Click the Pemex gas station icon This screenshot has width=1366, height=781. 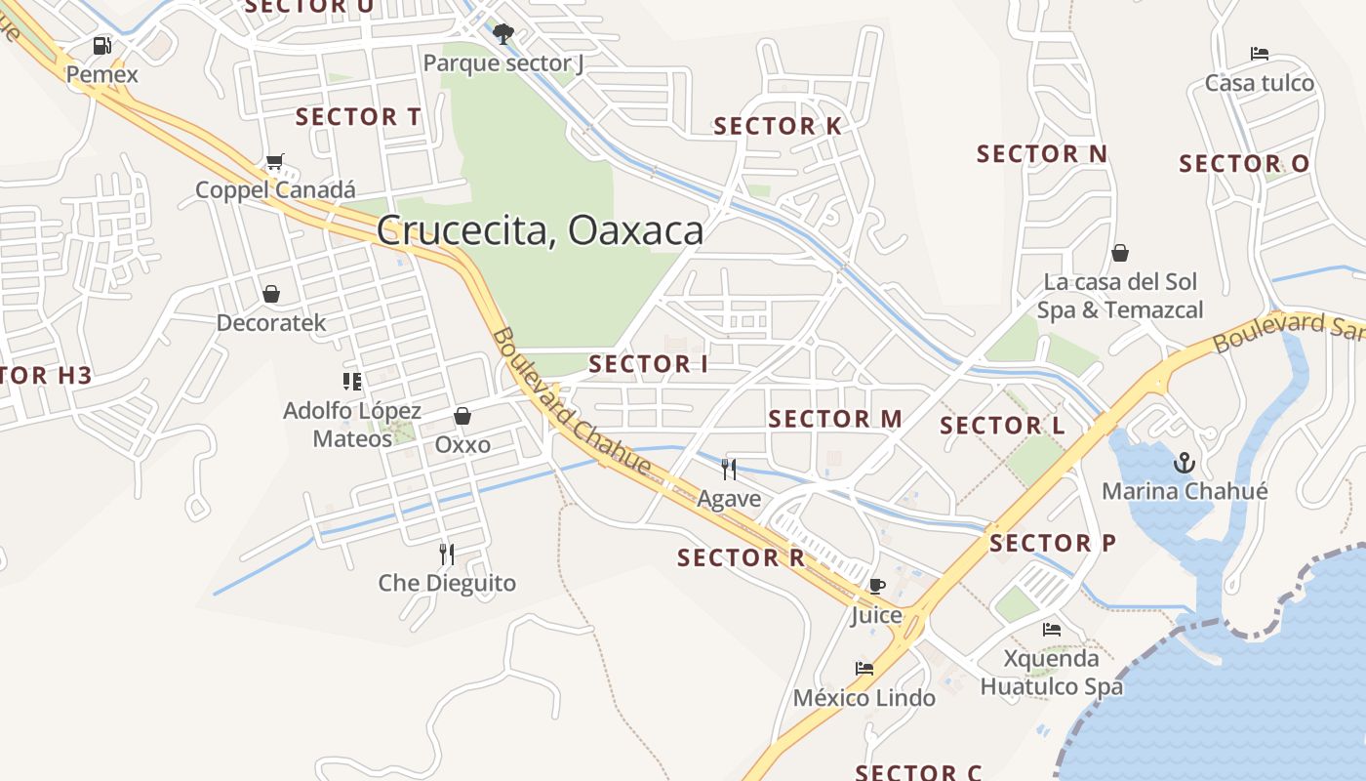[101, 45]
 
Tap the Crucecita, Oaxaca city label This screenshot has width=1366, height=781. [540, 230]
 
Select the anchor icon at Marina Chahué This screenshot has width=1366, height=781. [1185, 462]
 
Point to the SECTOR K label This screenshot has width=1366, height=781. [777, 126]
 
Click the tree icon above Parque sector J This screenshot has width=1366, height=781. [502, 35]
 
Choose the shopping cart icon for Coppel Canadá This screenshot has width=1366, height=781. [275, 161]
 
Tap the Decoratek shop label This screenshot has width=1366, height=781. [271, 322]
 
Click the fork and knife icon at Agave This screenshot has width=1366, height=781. [729, 470]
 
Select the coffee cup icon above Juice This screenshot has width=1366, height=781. [876, 586]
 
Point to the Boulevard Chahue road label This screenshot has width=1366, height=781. [571, 402]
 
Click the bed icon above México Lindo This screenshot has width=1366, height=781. [864, 669]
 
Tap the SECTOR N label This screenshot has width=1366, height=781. [1042, 154]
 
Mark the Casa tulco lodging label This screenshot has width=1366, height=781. [1260, 83]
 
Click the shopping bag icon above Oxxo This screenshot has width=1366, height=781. [462, 416]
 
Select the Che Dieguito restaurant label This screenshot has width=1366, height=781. [447, 584]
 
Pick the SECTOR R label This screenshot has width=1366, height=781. [741, 558]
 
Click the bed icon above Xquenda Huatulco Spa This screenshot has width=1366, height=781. [1052, 630]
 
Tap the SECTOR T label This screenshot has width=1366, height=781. [358, 117]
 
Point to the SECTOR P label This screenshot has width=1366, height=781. [1052, 543]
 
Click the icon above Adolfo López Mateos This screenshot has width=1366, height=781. [352, 381]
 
